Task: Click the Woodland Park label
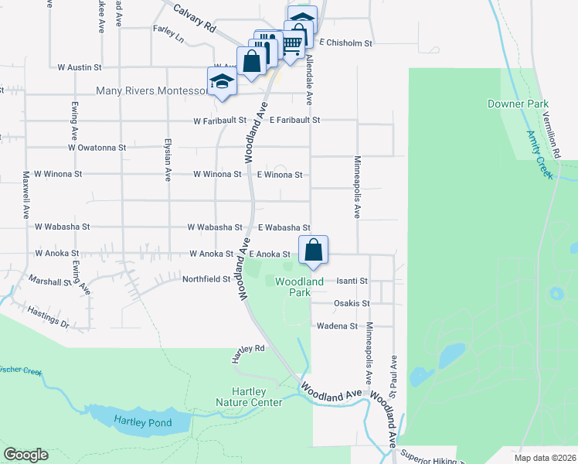tap(300, 287)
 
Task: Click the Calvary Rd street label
tap(194, 16)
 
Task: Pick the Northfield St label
tap(206, 278)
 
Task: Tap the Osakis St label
tap(352, 303)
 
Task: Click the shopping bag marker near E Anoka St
tap(313, 251)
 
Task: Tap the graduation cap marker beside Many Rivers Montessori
tap(221, 81)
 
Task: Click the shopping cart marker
tap(291, 46)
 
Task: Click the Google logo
tap(25, 455)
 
